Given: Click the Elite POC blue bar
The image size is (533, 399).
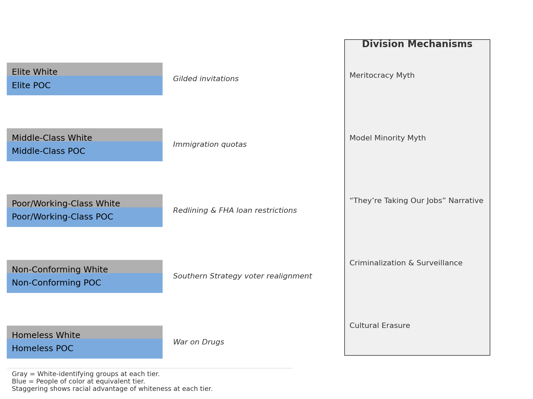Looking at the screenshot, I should (84, 86).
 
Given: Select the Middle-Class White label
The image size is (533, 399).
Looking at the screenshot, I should (52, 138).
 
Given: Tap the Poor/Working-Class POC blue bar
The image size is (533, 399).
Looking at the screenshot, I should (84, 218).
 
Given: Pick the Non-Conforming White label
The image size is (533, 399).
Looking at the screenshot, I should (60, 270).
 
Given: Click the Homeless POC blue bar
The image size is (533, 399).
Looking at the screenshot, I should (84, 349).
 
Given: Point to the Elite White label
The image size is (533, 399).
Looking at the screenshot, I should (35, 72).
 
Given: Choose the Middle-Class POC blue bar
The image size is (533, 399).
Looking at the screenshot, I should (84, 152).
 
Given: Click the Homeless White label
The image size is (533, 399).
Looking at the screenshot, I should (46, 335).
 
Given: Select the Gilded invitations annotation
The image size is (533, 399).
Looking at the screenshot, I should (206, 79).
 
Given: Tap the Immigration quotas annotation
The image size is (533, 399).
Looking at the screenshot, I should (210, 145).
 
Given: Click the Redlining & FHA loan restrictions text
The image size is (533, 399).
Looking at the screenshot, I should (235, 211).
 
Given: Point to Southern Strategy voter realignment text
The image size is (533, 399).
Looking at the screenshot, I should (242, 276).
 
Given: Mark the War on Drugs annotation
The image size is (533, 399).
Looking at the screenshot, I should (198, 342).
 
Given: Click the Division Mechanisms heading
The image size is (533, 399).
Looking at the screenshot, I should (417, 44).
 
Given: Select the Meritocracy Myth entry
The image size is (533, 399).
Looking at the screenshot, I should (382, 76).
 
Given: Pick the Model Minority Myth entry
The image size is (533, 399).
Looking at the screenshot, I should (388, 138).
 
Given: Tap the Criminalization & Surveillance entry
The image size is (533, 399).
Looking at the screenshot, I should (406, 263).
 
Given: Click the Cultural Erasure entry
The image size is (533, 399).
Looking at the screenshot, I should (380, 326).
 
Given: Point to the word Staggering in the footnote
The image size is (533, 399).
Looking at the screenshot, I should (27, 389).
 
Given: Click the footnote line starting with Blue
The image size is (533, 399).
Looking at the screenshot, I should (78, 381).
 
